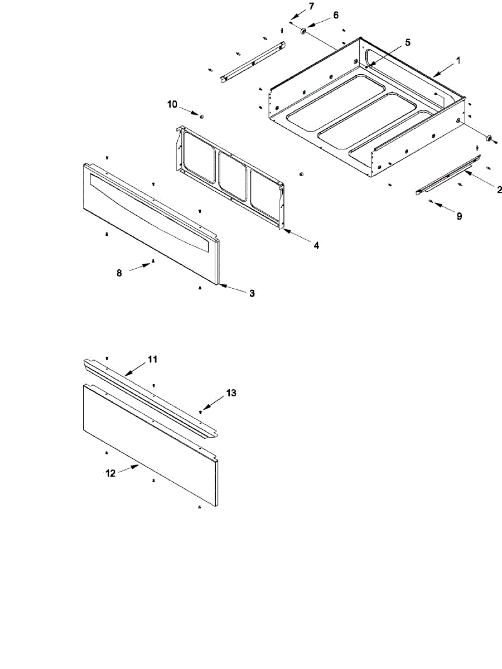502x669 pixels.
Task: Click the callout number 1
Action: [458, 61]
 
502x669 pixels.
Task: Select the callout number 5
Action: [408, 43]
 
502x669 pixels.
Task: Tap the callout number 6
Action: [336, 15]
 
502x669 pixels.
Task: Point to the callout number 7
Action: [311, 6]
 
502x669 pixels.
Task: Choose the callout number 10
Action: [172, 104]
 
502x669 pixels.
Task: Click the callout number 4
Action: [316, 245]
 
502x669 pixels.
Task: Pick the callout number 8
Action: [119, 273]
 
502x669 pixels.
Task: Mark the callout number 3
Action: [252, 293]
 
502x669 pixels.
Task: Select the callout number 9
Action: [459, 216]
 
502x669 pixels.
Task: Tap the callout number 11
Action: [153, 360]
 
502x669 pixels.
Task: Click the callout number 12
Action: [110, 473]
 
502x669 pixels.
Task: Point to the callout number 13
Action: [231, 393]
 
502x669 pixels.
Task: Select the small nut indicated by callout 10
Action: [201, 117]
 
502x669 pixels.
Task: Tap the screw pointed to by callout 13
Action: [200, 412]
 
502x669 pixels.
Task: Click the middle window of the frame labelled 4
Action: [232, 176]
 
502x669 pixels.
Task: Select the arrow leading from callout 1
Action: [445, 70]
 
